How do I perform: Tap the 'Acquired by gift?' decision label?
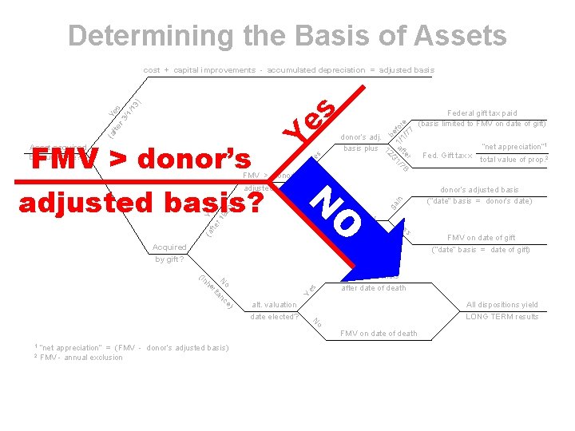[x=169, y=253]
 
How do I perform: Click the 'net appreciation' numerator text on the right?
[x=512, y=146]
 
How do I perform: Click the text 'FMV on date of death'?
[x=379, y=334]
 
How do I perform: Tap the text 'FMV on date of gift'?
[x=481, y=237]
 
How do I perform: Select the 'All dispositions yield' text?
[x=502, y=305]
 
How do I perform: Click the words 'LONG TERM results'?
[x=502, y=317]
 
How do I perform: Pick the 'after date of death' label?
[x=373, y=288]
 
